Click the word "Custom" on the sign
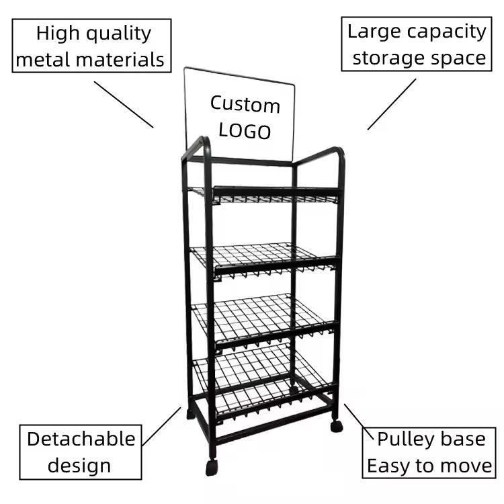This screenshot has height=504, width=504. [x=245, y=104]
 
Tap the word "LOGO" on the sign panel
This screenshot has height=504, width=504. [x=245, y=131]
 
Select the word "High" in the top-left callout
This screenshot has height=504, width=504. [x=58, y=34]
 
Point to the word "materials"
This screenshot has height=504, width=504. [x=120, y=59]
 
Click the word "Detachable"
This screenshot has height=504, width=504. [x=81, y=439]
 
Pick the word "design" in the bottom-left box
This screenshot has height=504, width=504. [x=79, y=466]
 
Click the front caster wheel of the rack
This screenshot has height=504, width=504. [x=211, y=468]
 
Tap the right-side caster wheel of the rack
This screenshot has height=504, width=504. [x=336, y=426]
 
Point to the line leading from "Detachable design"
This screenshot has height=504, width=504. [x=161, y=427]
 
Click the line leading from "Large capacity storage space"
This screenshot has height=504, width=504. [x=392, y=104]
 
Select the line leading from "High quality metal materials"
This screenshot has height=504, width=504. [x=124, y=104]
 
